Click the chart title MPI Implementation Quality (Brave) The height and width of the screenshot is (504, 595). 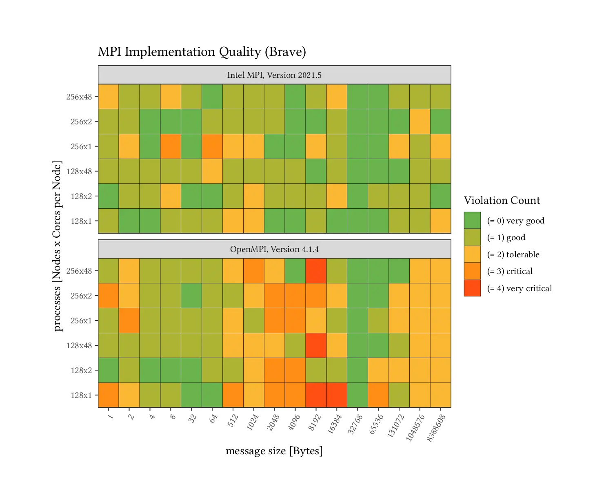(x=202, y=52)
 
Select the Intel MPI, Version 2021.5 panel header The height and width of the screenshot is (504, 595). (x=274, y=75)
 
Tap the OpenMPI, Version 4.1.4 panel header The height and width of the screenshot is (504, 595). (x=274, y=249)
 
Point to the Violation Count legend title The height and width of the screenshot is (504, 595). (x=502, y=200)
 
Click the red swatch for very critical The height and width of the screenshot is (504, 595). (x=472, y=288)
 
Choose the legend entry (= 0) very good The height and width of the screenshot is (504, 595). (x=515, y=221)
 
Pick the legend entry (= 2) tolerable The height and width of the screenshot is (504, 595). (x=513, y=254)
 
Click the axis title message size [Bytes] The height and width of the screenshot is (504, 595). (x=274, y=451)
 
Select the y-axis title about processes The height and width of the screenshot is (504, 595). (x=57, y=246)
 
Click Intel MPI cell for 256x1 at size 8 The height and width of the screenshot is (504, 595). (x=171, y=146)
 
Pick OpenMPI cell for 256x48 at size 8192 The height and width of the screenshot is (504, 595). (x=316, y=271)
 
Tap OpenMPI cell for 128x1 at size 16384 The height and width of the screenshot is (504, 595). (x=337, y=395)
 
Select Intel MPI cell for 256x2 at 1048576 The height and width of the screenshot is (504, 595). (x=420, y=122)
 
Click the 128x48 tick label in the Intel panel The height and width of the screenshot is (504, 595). (x=79, y=171)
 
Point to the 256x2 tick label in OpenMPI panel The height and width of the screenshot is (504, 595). (x=81, y=296)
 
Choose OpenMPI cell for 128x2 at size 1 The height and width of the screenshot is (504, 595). (x=109, y=370)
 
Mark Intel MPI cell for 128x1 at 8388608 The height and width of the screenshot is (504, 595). (x=441, y=221)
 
